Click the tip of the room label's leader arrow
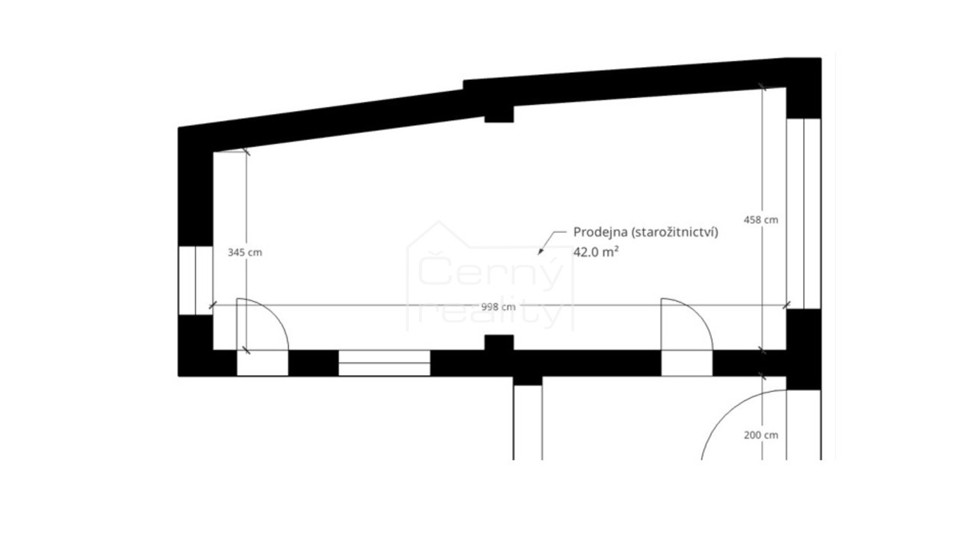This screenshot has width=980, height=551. [538, 255]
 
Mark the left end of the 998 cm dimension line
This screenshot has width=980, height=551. [213, 305]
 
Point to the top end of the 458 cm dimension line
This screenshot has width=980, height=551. [762, 86]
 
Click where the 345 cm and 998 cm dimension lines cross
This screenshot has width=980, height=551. [246, 305]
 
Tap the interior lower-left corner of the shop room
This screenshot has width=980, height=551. [214, 350]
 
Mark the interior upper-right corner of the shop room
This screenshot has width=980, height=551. [786, 88]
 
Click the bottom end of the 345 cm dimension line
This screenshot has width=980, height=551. [246, 350]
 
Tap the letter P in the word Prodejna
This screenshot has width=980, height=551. [577, 232]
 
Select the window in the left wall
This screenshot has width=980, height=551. [195, 280]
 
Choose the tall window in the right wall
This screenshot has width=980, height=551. [803, 214]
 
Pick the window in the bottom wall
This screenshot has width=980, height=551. [384, 363]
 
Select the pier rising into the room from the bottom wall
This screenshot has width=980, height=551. [498, 343]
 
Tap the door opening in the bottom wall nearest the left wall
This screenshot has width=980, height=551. [263, 363]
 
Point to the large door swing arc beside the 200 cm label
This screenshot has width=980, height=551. [743, 425]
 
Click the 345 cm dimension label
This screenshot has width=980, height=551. [245, 253]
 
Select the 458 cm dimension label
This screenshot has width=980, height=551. [761, 220]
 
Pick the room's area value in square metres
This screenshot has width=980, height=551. [596, 252]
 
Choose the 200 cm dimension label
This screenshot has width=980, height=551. [761, 435]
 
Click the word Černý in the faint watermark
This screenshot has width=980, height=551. [490, 271]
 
